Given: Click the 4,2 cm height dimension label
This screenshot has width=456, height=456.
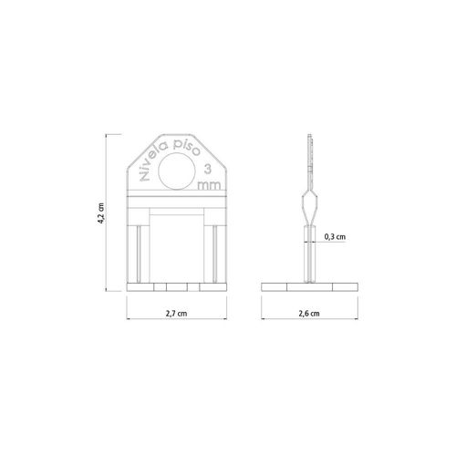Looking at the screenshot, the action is (101, 213).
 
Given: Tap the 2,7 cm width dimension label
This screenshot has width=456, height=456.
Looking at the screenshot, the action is (176, 314).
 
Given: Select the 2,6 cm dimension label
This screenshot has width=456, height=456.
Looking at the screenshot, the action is (309, 314).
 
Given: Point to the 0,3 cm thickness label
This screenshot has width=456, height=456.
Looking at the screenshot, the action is (335, 236).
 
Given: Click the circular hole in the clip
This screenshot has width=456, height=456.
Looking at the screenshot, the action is (177, 171).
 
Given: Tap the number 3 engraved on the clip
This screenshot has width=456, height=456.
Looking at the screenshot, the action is (207, 169).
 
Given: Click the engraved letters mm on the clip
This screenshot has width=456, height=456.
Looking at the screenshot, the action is (209, 185).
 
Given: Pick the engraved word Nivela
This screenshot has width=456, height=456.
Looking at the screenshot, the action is (153, 162).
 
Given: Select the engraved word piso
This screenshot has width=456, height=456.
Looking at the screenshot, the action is (187, 148).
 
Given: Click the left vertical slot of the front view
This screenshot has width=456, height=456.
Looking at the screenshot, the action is (139, 254).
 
